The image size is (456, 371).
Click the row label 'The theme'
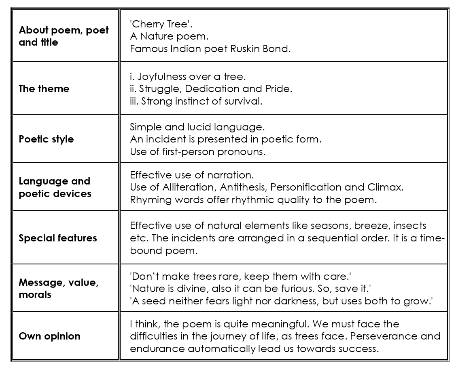pos(44,89)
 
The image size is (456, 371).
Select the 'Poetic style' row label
pos(46,139)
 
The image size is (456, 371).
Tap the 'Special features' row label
pos(57,238)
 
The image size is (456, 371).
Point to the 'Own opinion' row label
pos(49,336)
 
